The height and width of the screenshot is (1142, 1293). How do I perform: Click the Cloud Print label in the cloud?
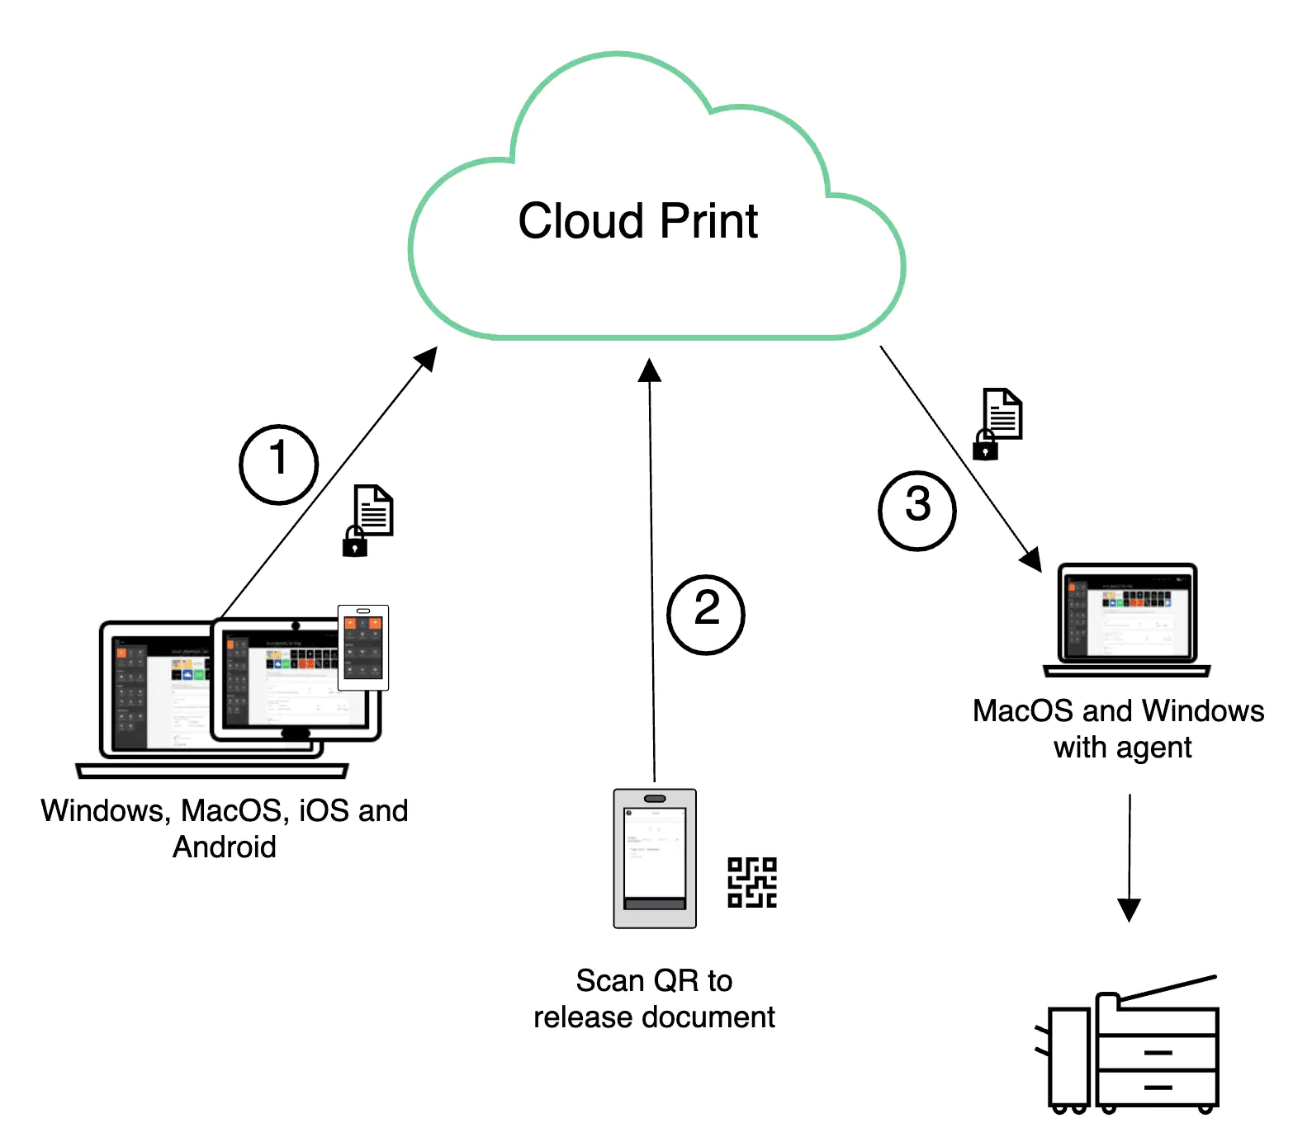point(637,221)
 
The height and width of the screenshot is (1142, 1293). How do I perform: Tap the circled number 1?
point(279,464)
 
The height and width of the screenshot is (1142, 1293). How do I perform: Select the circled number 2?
point(706,614)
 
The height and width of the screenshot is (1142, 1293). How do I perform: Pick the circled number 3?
point(917,510)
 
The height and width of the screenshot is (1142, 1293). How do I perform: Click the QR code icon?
point(752,882)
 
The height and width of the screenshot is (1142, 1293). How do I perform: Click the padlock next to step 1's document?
point(355,543)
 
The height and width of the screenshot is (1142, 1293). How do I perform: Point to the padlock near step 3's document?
point(985,446)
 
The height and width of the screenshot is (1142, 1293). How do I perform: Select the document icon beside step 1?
point(374,509)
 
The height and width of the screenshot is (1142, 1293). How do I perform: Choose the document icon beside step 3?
point(1003,413)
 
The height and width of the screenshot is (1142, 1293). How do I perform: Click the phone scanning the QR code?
point(655,858)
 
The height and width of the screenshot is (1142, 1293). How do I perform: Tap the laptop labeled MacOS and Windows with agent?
point(1127,619)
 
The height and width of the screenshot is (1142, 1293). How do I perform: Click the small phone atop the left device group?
point(363,647)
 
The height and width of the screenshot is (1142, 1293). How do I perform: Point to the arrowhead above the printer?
point(1129,909)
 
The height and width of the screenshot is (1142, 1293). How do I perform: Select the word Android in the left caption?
point(225,847)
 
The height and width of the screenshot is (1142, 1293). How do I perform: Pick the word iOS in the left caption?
point(324,811)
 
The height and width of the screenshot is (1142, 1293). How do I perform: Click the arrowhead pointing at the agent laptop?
point(1031,560)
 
